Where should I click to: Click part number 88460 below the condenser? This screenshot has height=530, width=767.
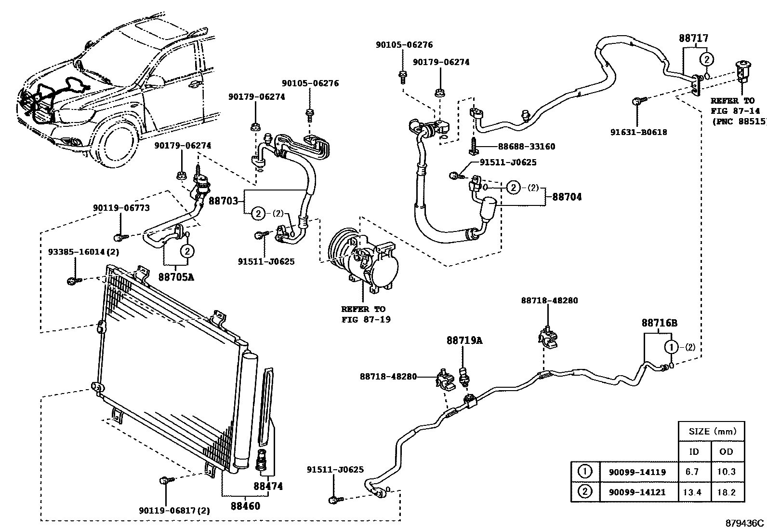[245, 506]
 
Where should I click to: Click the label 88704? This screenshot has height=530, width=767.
[567, 197]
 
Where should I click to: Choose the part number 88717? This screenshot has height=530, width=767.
[694, 38]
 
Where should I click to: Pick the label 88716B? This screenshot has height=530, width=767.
[659, 323]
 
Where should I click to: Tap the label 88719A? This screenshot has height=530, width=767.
[464, 340]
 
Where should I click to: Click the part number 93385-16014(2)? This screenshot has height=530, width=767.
[83, 252]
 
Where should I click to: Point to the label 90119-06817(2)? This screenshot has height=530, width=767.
[174, 511]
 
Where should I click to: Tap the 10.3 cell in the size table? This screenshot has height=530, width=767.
[726, 472]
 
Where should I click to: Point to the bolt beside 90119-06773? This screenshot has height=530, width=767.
[119, 237]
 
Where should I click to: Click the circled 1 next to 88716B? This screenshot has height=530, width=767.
[672, 347]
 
